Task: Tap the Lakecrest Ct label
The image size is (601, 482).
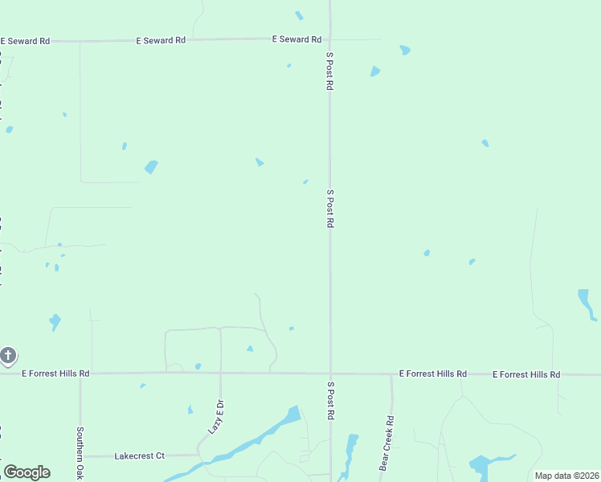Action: pos(139,455)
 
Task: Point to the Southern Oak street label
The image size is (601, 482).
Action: pos(80,450)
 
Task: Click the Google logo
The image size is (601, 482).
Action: pos(27,472)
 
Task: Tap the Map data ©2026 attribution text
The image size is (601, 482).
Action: pos(566,476)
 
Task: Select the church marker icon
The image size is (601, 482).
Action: pos(8,355)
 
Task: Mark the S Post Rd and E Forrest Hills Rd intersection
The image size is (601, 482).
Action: pos(330,374)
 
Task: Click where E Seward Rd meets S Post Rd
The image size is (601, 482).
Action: pos(330,39)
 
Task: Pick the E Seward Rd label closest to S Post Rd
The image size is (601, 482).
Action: pos(296,39)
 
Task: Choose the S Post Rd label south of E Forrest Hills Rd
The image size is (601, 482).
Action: pos(329,402)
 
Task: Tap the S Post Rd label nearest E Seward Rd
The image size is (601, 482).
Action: pos(329,71)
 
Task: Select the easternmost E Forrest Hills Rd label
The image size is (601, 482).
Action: pos(526,374)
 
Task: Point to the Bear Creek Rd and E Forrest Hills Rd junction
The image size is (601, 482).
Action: pos(391,374)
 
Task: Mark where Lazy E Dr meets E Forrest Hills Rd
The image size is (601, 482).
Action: pos(221,374)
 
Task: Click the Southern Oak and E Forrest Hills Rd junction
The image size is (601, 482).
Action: pos(80,374)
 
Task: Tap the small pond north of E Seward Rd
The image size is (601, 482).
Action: pos(299,15)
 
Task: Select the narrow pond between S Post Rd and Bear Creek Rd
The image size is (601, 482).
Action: pos(350,454)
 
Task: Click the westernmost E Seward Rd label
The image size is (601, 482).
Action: pos(25,40)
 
